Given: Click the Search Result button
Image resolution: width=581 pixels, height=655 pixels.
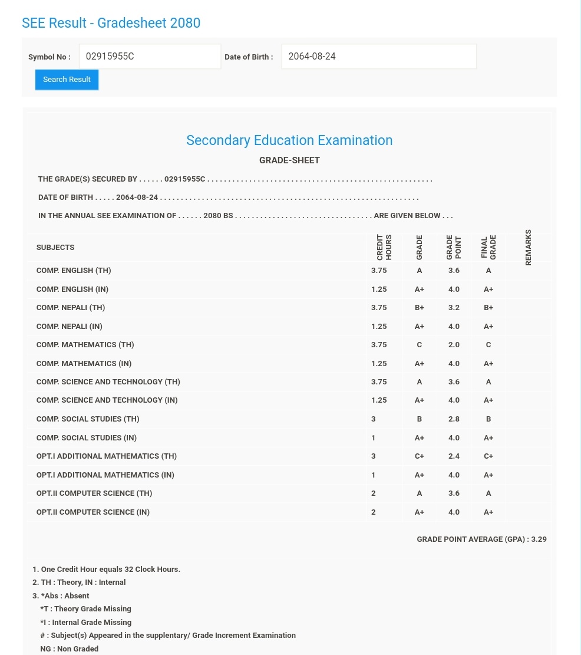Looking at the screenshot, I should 67,80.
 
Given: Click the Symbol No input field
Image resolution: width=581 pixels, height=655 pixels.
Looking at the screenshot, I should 150,57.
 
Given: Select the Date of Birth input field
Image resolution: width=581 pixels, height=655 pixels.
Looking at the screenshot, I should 378,57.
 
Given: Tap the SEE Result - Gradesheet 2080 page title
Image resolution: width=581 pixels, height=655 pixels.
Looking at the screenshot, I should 111,23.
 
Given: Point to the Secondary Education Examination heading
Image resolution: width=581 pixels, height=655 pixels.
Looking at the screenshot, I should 289,140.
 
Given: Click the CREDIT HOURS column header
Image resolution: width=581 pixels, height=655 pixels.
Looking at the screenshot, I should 384,247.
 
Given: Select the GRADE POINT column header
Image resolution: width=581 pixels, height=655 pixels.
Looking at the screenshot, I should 454,247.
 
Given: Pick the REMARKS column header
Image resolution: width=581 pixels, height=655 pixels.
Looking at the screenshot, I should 529,247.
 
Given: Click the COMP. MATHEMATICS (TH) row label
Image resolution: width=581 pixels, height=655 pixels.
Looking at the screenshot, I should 85,345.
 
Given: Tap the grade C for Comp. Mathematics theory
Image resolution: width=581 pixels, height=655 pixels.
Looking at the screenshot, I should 419,345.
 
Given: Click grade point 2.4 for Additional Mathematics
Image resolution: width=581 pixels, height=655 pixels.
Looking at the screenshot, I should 454,456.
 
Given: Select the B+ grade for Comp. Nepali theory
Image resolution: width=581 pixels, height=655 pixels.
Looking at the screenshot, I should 419,308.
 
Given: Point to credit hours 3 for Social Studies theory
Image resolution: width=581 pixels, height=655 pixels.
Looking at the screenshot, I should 374,419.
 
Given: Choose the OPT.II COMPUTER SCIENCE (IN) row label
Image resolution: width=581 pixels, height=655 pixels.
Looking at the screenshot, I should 93,512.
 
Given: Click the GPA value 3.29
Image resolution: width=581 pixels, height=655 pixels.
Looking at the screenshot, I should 539,539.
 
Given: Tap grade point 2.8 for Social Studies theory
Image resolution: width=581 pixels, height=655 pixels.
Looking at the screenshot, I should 454,419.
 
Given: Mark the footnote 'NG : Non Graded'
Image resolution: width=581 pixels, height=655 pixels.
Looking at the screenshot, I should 69,649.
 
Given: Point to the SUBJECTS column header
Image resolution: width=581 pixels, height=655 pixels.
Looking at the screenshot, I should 55,248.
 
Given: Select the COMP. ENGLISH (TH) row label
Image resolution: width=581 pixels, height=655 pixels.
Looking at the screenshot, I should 74,271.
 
